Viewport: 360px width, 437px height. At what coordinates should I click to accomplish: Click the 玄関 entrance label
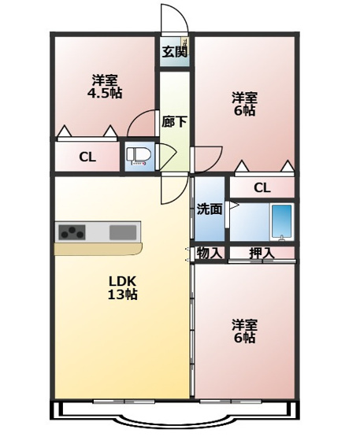click(175, 54)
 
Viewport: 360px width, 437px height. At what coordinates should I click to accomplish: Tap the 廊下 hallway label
click(174, 122)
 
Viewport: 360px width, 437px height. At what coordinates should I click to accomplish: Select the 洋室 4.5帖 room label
click(104, 87)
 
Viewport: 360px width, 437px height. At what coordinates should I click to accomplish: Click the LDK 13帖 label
click(122, 288)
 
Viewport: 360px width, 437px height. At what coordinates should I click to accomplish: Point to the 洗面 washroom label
click(209, 209)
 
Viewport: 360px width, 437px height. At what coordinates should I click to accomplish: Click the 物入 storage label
click(210, 253)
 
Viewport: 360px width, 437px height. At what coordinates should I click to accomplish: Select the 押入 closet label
click(261, 253)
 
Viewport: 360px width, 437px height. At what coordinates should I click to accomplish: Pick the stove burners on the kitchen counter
click(73, 232)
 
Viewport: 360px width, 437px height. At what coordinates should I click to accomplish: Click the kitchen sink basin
click(122, 232)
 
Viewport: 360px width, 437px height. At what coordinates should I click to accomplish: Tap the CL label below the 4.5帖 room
click(87, 157)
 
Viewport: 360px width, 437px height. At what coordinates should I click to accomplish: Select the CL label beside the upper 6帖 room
click(262, 187)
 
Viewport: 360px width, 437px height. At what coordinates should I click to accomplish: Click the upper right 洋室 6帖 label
click(243, 105)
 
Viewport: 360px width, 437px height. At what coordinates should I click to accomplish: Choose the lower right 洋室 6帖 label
click(243, 331)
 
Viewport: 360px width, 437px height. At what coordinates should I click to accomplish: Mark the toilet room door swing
click(165, 155)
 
